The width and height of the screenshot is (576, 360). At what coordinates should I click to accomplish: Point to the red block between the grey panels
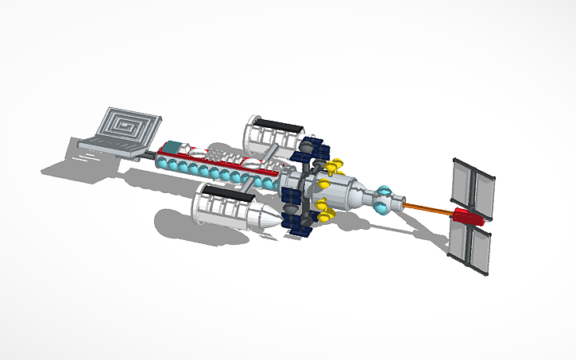(x=467, y=216)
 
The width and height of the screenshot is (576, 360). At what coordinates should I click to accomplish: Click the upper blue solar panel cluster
(x=311, y=148)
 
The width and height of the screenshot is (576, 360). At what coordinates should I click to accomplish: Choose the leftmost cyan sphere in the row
(x=164, y=165)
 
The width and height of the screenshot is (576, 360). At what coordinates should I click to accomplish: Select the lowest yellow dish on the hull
(x=324, y=213)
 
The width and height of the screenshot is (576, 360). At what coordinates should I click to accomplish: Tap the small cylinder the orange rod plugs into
(x=397, y=203)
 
